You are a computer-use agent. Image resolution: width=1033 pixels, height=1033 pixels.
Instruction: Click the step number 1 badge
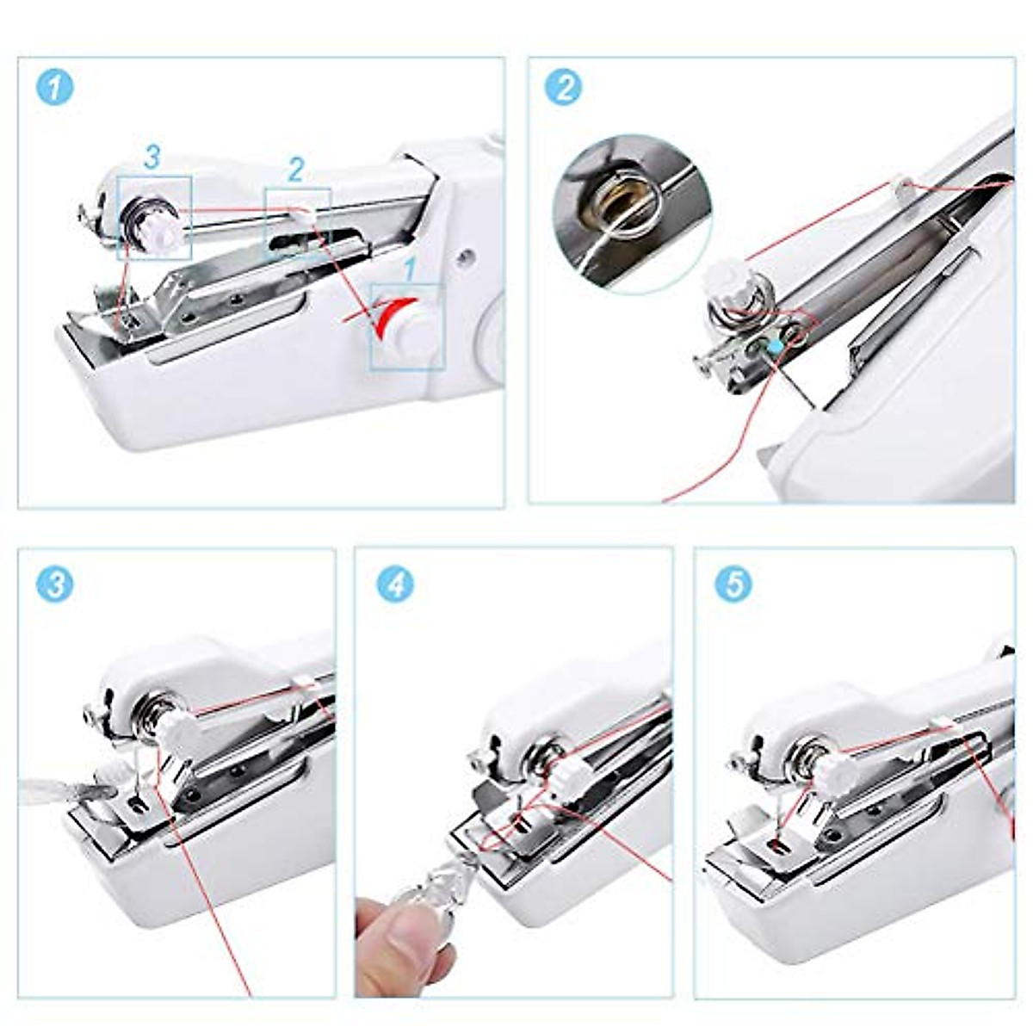[x=54, y=88]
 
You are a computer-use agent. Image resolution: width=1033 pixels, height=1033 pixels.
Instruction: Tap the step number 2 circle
[x=564, y=88]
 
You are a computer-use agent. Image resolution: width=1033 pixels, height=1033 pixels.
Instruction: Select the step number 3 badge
[x=54, y=585]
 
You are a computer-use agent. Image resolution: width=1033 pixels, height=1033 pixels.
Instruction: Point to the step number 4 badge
[x=395, y=585]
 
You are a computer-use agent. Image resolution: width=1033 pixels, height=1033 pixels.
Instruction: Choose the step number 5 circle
[x=733, y=585]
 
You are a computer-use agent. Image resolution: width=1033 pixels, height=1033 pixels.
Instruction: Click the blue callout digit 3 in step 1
[x=152, y=158]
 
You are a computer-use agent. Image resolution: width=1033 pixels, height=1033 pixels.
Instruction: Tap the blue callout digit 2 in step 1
[x=295, y=170]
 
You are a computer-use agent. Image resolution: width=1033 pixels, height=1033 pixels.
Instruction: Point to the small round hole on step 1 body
[x=464, y=256]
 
